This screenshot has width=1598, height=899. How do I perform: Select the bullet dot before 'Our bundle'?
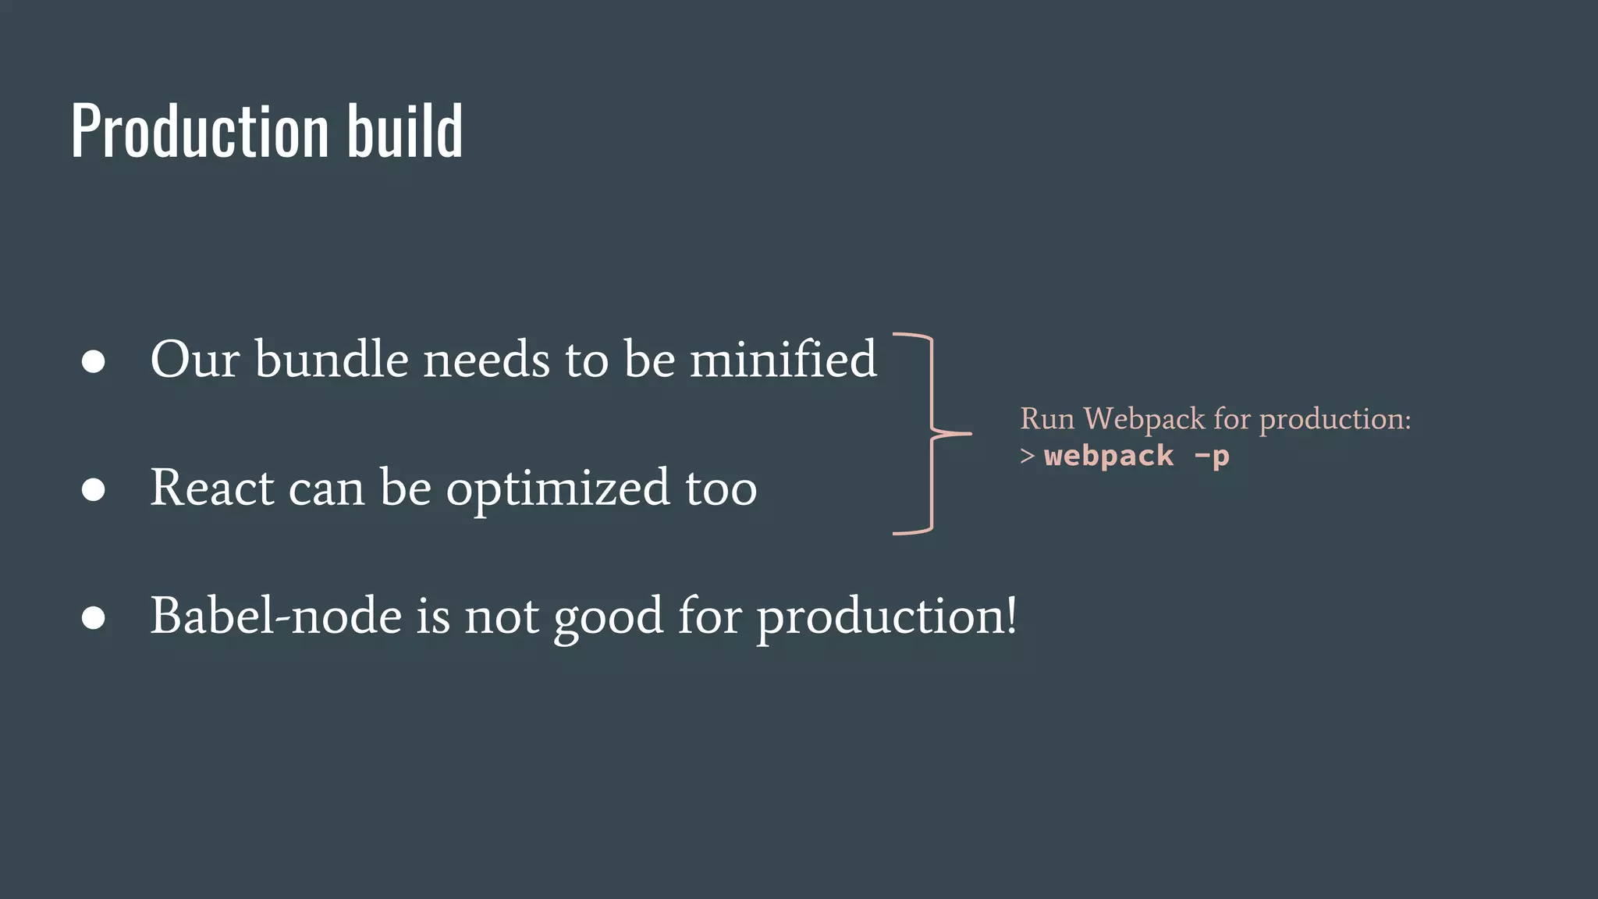(x=94, y=361)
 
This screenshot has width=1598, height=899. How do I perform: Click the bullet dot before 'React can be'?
(x=94, y=489)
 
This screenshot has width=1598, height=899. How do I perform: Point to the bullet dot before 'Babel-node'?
(x=94, y=617)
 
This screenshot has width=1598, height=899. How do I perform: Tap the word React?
(x=211, y=488)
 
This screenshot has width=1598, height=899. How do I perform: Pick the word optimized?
(x=557, y=490)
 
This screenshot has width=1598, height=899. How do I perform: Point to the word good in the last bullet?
(x=609, y=618)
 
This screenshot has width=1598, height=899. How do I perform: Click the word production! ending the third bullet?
(x=886, y=618)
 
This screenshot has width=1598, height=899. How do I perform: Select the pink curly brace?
(x=933, y=433)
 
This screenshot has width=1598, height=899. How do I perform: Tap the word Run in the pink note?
(x=1047, y=419)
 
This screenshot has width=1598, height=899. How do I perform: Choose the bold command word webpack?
(x=1108, y=456)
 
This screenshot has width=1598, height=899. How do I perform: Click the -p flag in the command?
(x=1212, y=456)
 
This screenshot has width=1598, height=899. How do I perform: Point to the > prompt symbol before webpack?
(x=1027, y=456)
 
